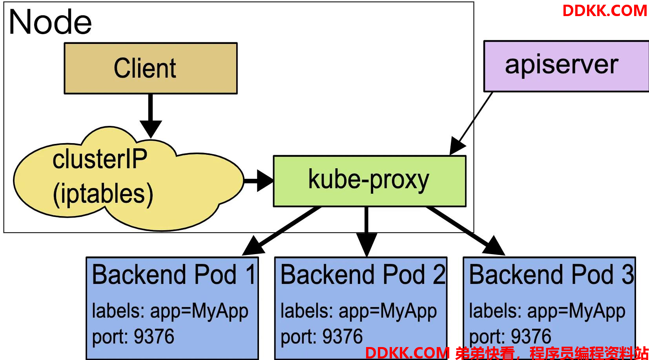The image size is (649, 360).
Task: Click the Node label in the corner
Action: coord(50,22)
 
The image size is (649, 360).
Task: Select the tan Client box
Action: coord(151,68)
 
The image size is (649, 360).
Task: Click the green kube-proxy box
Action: coord(370,181)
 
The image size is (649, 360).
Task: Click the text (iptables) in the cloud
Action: coord(103,194)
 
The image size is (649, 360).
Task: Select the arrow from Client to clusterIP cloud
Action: coord(151,116)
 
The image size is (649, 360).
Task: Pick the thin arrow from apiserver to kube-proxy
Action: coord(471,124)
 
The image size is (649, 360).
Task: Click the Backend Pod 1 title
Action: coord(173,274)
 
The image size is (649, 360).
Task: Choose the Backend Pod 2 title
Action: coord(363,274)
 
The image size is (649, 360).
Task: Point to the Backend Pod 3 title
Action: coord(551,274)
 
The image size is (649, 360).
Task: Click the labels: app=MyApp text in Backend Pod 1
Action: coord(170,311)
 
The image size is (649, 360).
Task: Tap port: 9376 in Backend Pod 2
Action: coord(322,337)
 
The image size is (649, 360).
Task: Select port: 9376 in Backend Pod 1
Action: coord(133,337)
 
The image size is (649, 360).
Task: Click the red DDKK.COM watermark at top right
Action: coord(605,11)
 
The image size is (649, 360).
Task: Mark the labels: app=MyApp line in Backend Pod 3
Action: coord(547,311)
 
